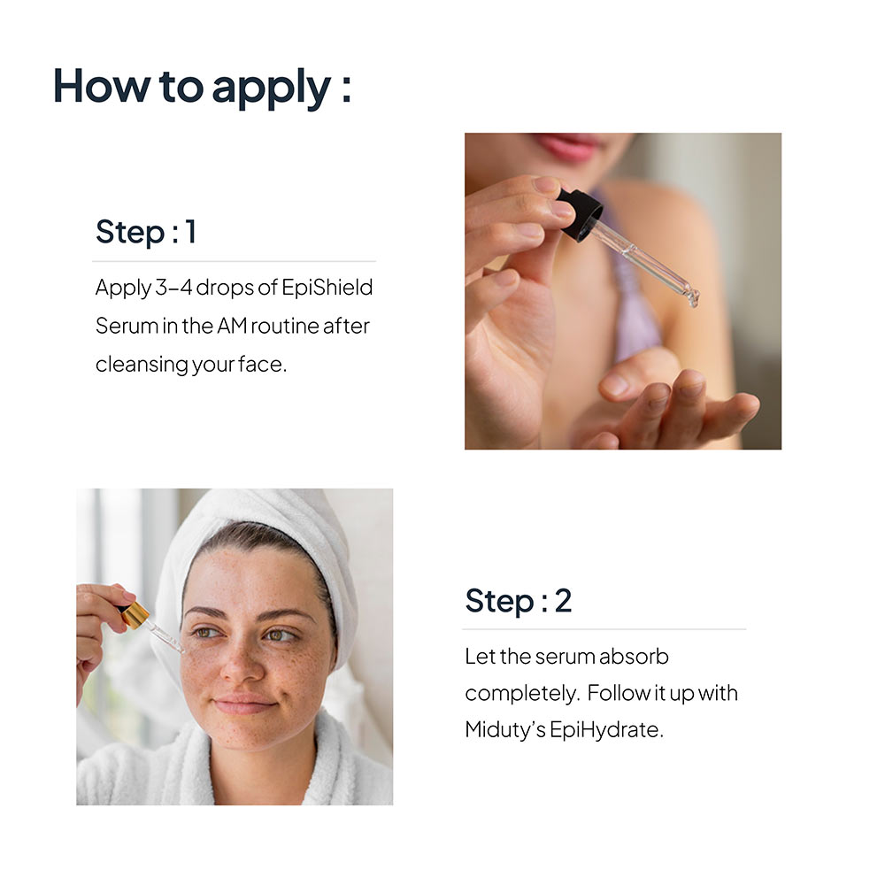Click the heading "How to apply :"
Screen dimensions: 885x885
202,88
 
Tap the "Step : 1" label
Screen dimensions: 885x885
146,232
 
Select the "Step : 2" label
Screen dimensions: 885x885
518,601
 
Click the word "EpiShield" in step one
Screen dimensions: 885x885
327,288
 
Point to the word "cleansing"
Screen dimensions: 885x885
142,365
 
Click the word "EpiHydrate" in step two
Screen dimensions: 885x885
606,730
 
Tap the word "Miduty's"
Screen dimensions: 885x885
505,730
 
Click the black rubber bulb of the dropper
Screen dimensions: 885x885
580,215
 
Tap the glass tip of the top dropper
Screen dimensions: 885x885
692,297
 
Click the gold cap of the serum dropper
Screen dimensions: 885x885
135,615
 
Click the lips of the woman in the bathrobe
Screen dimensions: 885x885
244,704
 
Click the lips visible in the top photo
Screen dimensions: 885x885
567,146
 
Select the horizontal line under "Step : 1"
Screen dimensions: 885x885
235,261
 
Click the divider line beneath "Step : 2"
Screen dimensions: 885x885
604,628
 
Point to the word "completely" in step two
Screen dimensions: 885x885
522,694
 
